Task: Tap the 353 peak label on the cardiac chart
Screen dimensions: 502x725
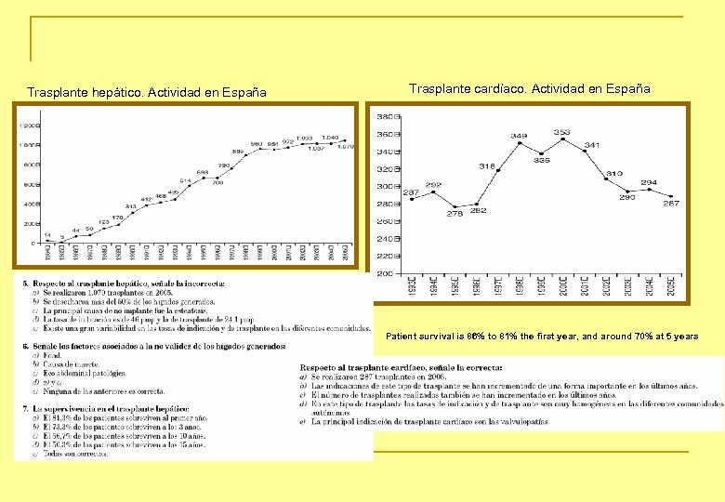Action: pos(561,133)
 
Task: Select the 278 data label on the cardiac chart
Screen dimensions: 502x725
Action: pos(455,214)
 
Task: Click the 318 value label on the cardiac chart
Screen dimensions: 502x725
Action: pos(487,165)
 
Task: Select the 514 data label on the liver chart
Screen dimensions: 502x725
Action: pos(185,180)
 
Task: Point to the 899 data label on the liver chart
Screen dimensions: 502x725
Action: pos(238,151)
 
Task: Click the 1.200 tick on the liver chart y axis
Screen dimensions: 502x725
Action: pos(28,125)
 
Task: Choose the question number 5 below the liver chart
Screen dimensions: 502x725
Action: pos(25,283)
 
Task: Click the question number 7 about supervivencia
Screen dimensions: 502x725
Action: pos(25,409)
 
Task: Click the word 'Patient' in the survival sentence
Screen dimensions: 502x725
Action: pos(402,336)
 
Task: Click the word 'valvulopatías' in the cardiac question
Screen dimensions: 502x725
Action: pos(521,421)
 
